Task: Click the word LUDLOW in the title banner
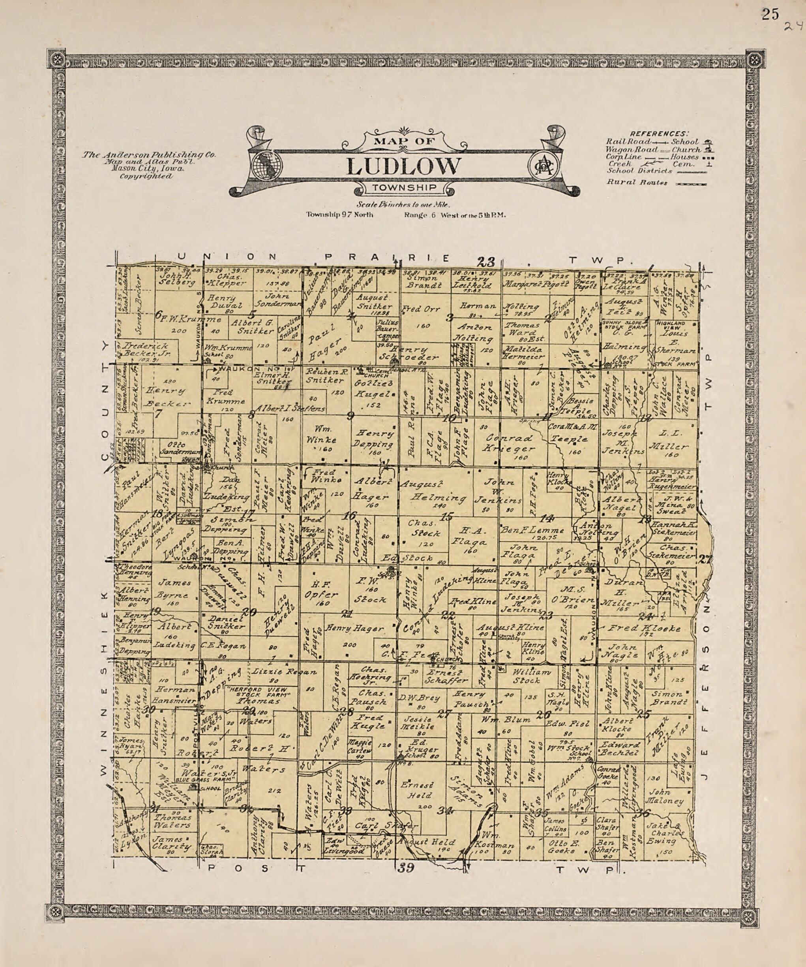403,167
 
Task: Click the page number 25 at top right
770,15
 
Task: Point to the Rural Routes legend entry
637,182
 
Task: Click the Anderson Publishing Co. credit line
148,155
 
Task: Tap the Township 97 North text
340,215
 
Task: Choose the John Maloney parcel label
666,801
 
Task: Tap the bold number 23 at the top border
486,262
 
